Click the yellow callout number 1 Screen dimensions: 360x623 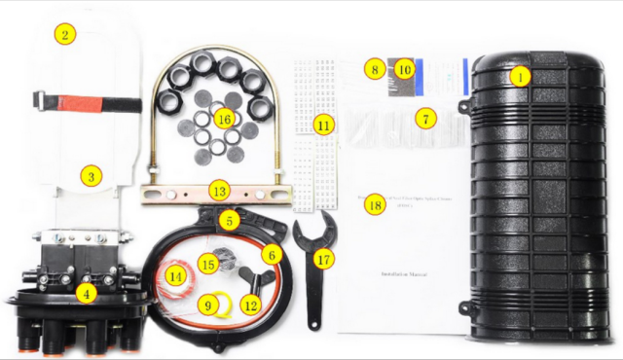[x=521, y=75]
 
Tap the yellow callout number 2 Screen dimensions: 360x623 [x=65, y=35]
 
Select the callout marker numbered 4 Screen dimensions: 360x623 [x=87, y=291]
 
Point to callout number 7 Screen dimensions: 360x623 [x=423, y=118]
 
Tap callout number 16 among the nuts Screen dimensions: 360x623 [x=224, y=119]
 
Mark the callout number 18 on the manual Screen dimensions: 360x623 [x=375, y=204]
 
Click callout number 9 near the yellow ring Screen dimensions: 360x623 [x=207, y=306]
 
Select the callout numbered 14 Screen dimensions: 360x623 [x=175, y=276]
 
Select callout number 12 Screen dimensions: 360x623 [x=250, y=306]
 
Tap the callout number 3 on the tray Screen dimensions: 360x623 [x=91, y=176]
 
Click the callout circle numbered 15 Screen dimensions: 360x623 [x=206, y=264]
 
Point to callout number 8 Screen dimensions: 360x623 [x=373, y=69]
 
